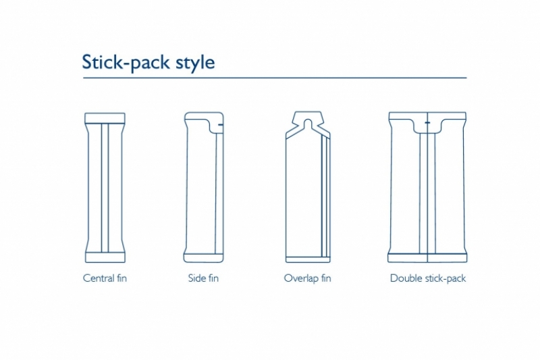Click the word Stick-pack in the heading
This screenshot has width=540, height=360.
(126, 62)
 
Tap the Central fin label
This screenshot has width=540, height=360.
(105, 278)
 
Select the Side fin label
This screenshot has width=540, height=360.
(203, 278)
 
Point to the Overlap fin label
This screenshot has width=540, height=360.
(308, 278)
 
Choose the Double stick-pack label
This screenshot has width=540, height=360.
(428, 278)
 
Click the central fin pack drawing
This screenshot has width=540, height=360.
(105, 187)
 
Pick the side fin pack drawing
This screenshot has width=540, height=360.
(204, 187)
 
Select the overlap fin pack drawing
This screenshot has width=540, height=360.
(308, 186)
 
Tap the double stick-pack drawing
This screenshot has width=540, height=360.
(427, 187)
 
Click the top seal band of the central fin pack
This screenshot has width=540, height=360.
(105, 118)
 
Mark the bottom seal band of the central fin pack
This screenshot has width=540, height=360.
(105, 258)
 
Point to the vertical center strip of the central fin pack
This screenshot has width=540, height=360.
(105, 188)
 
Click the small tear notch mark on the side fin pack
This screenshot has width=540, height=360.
(221, 124)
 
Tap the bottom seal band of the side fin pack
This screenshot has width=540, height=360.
(204, 258)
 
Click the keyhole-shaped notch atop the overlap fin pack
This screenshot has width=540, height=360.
(308, 123)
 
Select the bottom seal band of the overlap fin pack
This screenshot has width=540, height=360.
(308, 260)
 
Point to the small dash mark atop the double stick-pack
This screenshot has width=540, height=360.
(427, 123)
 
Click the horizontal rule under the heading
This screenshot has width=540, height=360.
(275, 78)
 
